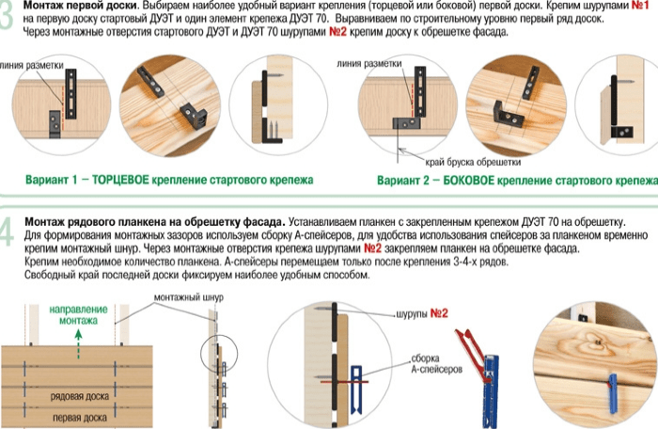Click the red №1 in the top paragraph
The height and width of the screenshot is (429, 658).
tap(640, 6)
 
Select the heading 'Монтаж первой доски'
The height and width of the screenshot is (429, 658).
tap(80, 6)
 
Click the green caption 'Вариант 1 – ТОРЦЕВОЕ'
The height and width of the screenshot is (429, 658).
tap(86, 180)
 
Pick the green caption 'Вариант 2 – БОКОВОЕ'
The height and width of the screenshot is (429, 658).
tap(435, 181)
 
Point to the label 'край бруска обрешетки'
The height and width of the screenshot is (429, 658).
tap(473, 162)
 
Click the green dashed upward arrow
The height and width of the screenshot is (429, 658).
tap(78, 344)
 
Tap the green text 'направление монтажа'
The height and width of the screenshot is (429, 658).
tap(78, 315)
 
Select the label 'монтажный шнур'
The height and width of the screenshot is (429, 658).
tap(188, 297)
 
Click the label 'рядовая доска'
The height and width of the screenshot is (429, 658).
tap(79, 396)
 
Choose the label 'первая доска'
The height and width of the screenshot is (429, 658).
tap(79, 418)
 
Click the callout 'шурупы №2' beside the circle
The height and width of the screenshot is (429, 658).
tap(422, 313)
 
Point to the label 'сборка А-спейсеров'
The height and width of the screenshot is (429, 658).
tap(436, 364)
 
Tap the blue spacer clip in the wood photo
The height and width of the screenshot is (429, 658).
tap(612, 392)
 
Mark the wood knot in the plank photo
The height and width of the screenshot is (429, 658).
tap(596, 342)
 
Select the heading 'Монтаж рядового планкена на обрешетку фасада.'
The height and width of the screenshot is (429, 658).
tap(155, 221)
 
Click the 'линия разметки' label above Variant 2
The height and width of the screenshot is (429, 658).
tap(368, 64)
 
